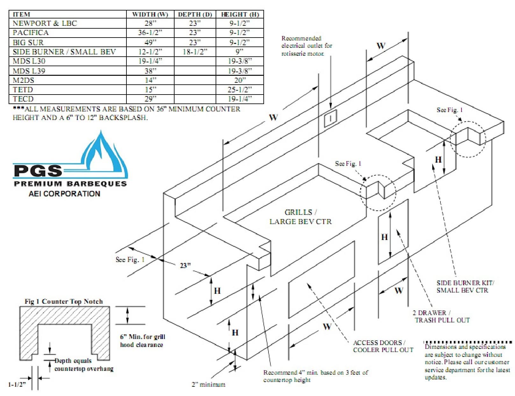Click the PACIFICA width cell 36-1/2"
150,32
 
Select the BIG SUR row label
28,42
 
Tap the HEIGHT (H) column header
240,14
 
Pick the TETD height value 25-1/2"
240,89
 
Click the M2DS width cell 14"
150,80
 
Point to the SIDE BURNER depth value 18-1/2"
195,52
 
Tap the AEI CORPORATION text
64,194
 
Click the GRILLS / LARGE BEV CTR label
300,217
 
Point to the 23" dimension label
185,265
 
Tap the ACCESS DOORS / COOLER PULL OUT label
383,346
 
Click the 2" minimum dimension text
208,384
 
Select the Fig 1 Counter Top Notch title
64,301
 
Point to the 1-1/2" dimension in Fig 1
17,385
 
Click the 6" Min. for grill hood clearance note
142,341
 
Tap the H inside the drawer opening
384,237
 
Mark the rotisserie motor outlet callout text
306,46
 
